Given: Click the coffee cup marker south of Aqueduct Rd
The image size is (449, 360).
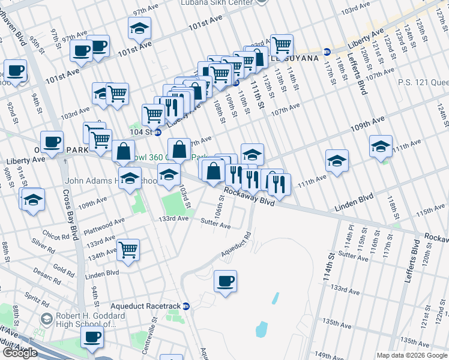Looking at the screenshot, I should coord(225,281).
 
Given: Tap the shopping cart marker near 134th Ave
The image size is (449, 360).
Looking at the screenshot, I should coord(128,250).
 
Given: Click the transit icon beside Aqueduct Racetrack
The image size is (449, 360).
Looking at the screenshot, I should coord(186,306).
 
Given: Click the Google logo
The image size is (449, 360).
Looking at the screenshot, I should coord(20,353).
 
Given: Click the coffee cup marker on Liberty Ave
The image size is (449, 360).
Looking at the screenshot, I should coord(52,143).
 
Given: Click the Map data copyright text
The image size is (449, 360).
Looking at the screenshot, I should coord(412,355).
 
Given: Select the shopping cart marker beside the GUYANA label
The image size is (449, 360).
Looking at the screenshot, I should coord(281,45).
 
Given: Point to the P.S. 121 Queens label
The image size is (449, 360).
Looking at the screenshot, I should coord(424,82).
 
